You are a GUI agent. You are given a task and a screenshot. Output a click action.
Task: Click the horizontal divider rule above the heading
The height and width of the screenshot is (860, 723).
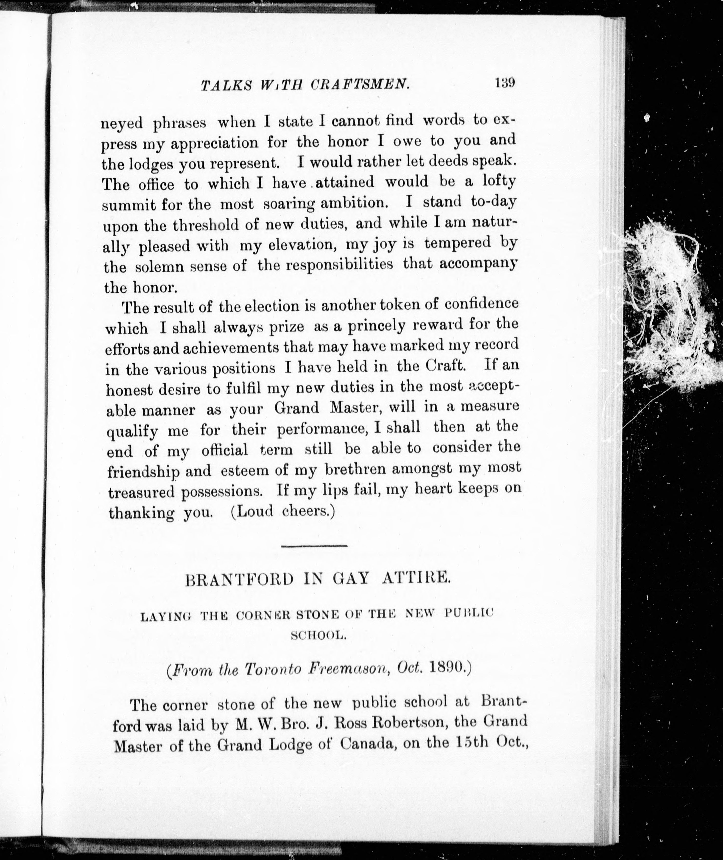pyautogui.click(x=314, y=545)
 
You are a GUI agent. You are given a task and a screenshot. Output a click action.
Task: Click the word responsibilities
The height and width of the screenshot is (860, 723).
pyautogui.click(x=339, y=265)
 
